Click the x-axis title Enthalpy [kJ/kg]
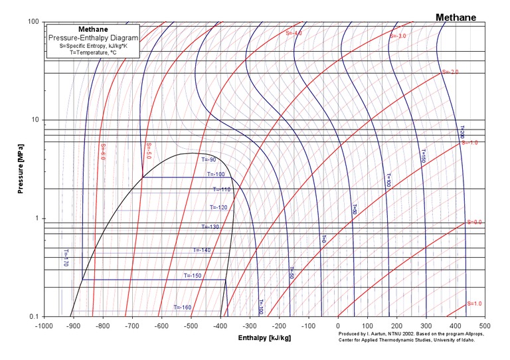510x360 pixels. [265, 338]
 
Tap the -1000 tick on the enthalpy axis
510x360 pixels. [44, 326]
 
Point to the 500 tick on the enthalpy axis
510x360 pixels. [485, 326]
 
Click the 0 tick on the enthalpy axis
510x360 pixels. [338, 326]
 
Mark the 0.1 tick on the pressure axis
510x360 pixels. [35, 317]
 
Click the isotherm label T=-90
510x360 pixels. [209, 160]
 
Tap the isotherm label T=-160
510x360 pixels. [183, 308]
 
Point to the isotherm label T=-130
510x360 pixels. [210, 227]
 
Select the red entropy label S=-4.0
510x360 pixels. [294, 33]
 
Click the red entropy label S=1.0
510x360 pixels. [474, 304]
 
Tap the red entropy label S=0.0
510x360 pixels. [474, 222]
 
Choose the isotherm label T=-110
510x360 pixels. [221, 189]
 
